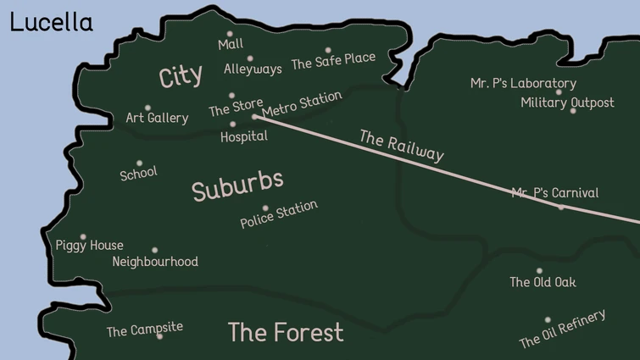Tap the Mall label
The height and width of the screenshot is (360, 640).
pyautogui.click(x=230, y=44)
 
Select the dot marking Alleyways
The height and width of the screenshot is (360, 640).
pyautogui.click(x=249, y=58)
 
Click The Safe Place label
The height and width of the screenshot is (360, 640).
pyautogui.click(x=333, y=63)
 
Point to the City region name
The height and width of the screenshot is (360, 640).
pyautogui.click(x=181, y=76)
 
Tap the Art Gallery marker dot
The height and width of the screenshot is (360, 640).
pyautogui.click(x=147, y=108)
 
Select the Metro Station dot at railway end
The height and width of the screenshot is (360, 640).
pyautogui.click(x=255, y=117)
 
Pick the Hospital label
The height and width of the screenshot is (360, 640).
pyautogui.click(x=243, y=136)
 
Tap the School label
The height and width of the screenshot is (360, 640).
pyautogui.click(x=138, y=174)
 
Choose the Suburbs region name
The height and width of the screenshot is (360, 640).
pyautogui.click(x=237, y=186)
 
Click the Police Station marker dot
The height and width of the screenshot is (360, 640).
pyautogui.click(x=265, y=208)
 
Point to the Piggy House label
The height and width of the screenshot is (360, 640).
pyautogui.click(x=89, y=246)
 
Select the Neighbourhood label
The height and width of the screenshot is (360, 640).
pyautogui.click(x=155, y=262)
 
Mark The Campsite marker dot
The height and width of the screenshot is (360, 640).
pyautogui.click(x=159, y=336)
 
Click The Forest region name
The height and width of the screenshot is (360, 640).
pyautogui.click(x=286, y=332)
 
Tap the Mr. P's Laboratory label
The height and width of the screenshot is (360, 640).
pyautogui.click(x=523, y=83)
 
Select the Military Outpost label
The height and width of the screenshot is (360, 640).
pyautogui.click(x=567, y=102)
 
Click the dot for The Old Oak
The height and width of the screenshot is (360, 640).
pyautogui.click(x=539, y=271)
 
